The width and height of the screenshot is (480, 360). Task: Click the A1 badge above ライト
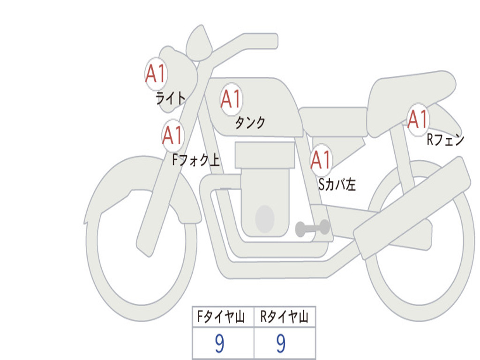156,74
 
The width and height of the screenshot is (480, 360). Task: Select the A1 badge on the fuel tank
231,99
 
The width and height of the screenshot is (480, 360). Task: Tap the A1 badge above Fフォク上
173,135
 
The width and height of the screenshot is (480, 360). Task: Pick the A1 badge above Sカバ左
322,160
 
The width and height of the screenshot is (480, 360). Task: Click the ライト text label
170,98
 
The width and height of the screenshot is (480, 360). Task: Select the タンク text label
250,123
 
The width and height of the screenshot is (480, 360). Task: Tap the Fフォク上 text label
195,161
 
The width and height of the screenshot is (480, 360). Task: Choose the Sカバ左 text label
337,185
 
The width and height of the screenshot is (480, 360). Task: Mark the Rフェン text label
445,140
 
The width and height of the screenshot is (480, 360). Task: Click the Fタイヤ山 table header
223,317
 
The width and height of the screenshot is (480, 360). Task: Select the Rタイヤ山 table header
285,317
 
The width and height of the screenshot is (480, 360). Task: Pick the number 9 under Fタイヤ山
219,344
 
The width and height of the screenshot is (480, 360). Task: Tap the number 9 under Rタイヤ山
280,344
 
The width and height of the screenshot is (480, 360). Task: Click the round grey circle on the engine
265,219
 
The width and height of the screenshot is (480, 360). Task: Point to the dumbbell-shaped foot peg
312,228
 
